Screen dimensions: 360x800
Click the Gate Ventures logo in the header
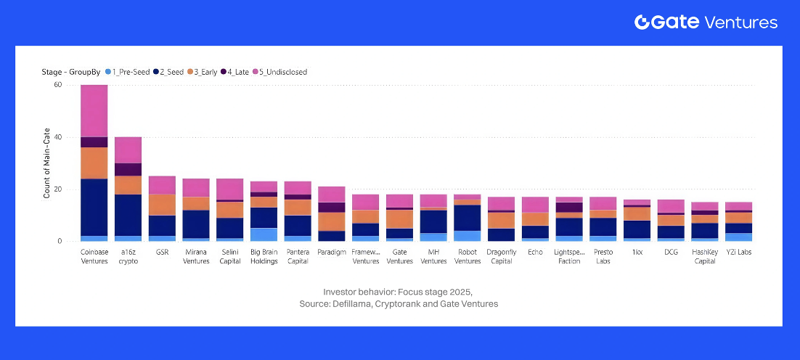[x=706, y=22]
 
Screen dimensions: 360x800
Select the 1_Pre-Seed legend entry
[x=131, y=72]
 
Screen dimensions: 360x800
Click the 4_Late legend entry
[x=239, y=72]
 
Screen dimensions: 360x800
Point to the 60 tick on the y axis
[x=58, y=85]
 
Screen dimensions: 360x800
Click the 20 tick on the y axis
[x=58, y=189]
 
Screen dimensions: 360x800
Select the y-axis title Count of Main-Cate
[x=47, y=163]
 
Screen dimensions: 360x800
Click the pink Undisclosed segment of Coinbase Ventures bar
[x=94, y=110]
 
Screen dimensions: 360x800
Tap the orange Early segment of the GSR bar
[x=162, y=205]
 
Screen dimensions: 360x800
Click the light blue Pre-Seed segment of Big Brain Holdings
[x=264, y=234]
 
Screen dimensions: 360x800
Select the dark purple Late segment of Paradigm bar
[x=332, y=207]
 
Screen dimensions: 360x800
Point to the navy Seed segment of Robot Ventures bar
[x=468, y=218]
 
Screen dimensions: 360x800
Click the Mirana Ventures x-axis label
[x=195, y=256]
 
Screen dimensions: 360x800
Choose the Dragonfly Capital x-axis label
[x=501, y=256]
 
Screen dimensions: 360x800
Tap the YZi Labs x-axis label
[x=738, y=252]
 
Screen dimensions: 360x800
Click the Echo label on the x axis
[x=535, y=252]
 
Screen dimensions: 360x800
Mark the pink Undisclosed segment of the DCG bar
[x=671, y=206]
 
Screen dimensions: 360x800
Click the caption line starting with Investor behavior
[x=399, y=291]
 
